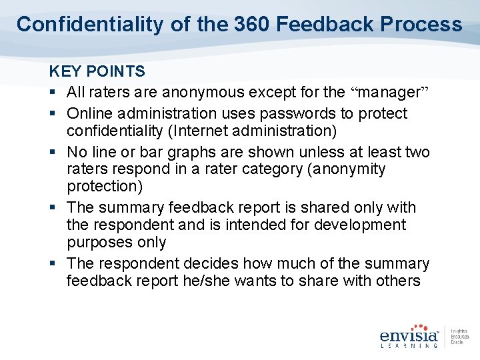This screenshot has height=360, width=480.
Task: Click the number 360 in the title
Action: (252, 25)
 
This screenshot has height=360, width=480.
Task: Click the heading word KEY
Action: (64, 71)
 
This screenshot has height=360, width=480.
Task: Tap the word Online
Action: (90, 113)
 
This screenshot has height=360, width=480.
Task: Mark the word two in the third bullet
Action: (417, 153)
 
